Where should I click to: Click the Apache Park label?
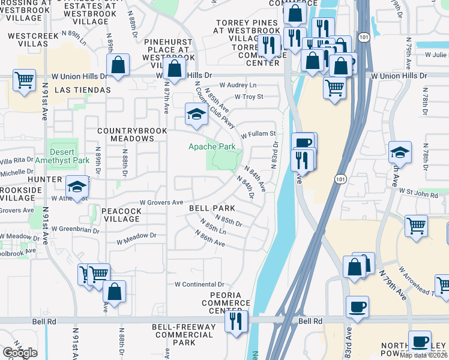click(212, 146)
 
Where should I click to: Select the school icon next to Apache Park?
click(196, 114)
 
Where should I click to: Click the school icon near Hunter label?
click(77, 188)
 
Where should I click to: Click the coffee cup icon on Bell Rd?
click(358, 307)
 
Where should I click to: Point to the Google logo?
click(20, 353)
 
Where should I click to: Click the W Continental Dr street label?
click(199, 284)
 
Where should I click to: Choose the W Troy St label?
click(249, 97)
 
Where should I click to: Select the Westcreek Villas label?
click(33, 40)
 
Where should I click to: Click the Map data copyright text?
click(424, 355)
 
